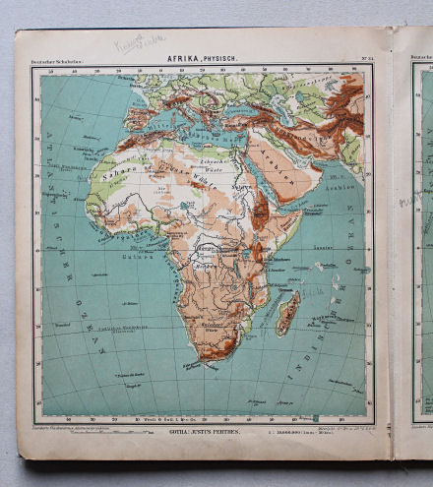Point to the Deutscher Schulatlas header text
tap(57, 62)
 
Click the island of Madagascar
tap(287, 312)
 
